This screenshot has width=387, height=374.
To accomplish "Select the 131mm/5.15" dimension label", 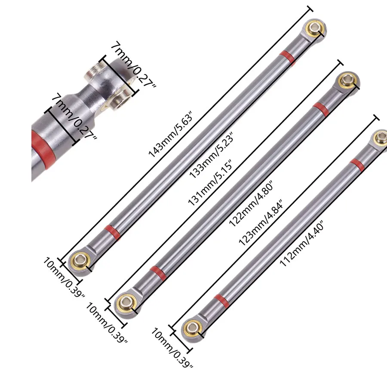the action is [210, 183].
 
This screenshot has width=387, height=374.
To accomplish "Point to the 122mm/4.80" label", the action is [252, 203].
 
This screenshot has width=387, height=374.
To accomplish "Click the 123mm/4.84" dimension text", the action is [261, 223].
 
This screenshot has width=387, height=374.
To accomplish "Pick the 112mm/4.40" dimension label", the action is [301, 244].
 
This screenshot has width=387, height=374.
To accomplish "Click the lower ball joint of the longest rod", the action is [80, 261].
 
